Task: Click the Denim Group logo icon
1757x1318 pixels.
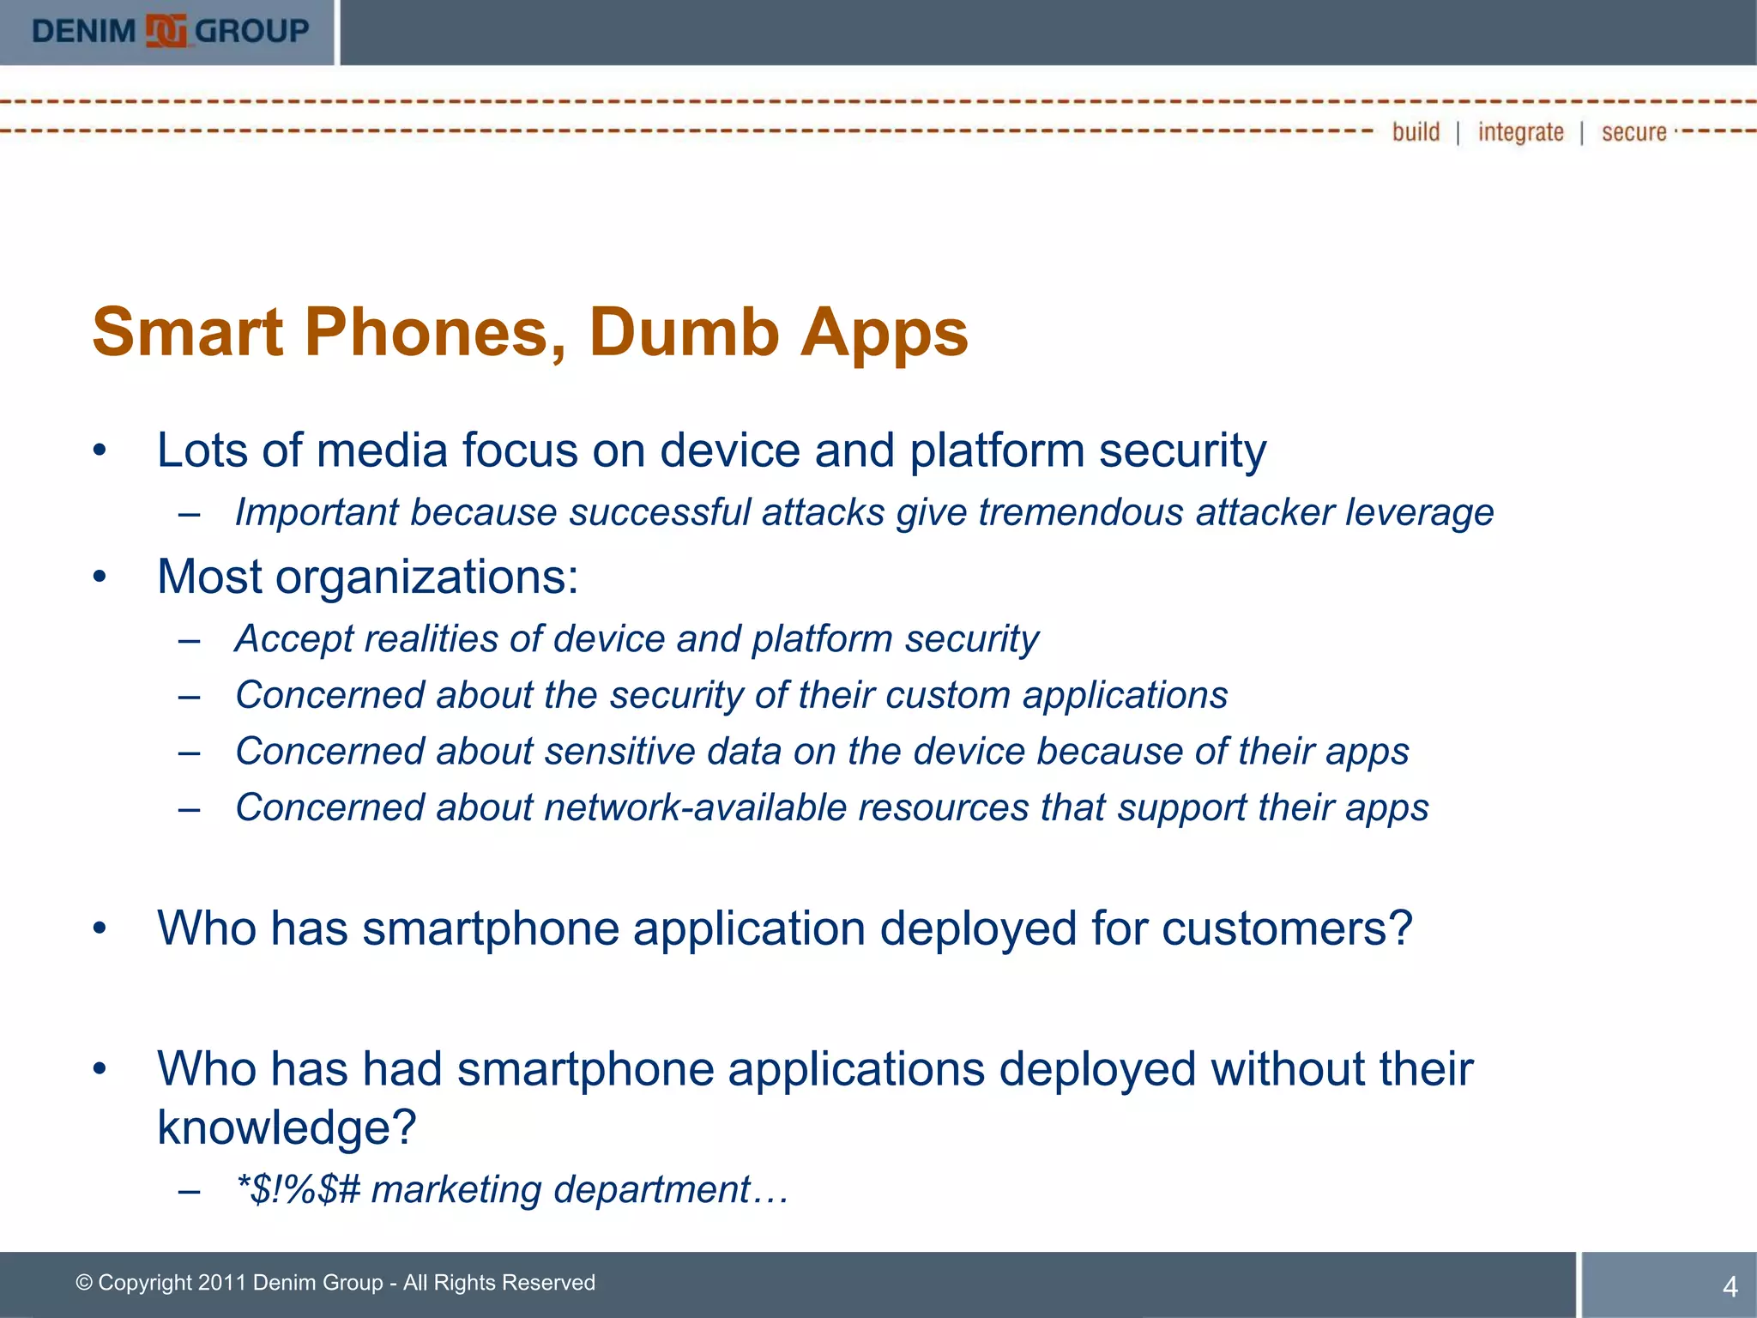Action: (166, 31)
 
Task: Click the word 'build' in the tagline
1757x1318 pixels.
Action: (1416, 132)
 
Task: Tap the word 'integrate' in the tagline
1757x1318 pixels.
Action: (1520, 132)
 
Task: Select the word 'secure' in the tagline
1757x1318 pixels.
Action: (1633, 132)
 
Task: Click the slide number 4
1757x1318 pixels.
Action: (1730, 1286)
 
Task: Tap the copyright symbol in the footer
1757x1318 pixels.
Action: (84, 1283)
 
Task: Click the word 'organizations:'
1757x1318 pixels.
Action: (426, 577)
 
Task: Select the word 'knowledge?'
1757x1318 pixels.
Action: (287, 1128)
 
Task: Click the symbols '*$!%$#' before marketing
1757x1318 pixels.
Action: (298, 1190)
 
